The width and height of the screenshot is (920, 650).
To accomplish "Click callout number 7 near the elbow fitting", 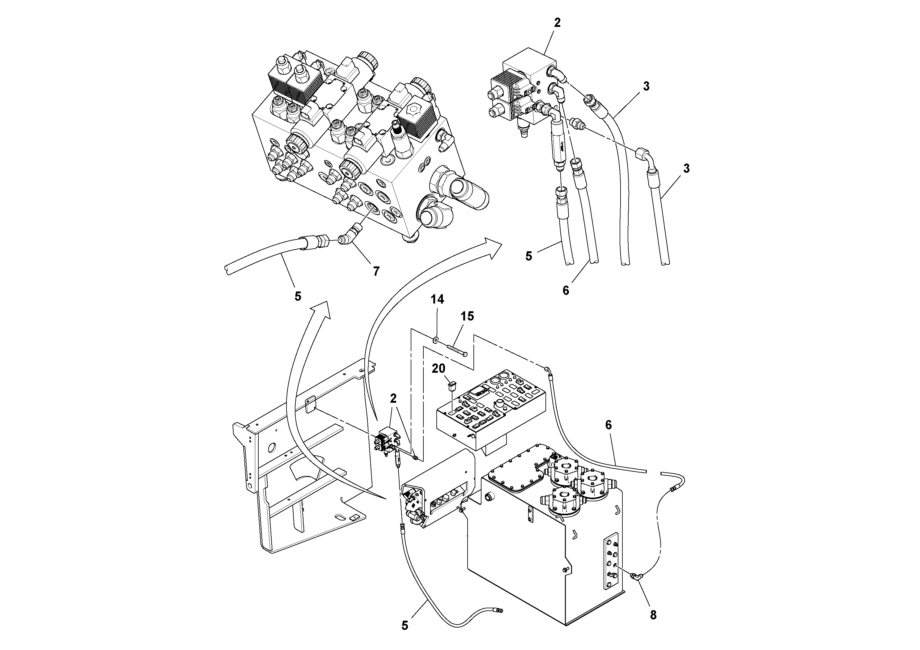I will click(376, 271).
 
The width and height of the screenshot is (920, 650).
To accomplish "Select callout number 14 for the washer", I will click(437, 300).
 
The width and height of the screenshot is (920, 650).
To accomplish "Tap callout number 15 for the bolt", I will click(467, 316).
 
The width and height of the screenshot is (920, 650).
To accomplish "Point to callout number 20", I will click(438, 369).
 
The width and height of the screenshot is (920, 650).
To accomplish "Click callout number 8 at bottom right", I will click(653, 615).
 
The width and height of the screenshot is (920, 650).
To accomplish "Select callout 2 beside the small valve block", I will click(393, 398).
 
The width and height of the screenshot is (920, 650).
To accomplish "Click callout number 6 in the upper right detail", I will click(566, 291).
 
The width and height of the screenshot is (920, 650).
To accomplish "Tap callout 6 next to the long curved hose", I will click(608, 425).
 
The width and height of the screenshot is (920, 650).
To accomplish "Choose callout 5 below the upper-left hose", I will click(298, 296).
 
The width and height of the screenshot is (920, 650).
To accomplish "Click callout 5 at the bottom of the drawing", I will click(405, 626).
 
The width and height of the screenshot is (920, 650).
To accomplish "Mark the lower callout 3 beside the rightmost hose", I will click(686, 168).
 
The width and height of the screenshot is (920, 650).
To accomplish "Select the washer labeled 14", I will click(435, 340).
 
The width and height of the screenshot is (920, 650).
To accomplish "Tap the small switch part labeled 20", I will click(451, 387).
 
